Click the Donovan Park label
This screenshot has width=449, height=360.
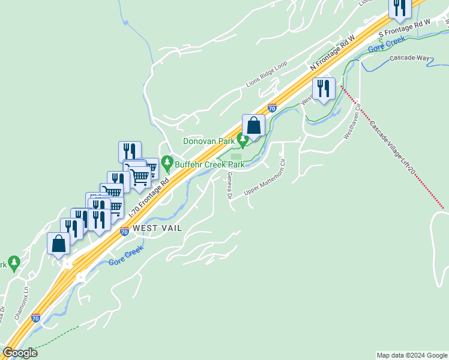click(x=208, y=141)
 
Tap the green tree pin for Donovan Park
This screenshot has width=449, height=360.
click(x=243, y=140)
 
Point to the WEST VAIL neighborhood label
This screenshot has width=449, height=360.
click(x=157, y=228)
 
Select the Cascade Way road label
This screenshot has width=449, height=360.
click(x=410, y=58)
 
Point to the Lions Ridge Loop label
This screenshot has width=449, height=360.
click(x=267, y=74)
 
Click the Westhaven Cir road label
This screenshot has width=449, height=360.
click(x=354, y=124)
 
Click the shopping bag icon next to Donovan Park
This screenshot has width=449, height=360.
click(x=254, y=126)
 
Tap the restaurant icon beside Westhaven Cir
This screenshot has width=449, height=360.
click(x=324, y=89)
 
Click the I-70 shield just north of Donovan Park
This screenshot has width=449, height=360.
click(x=272, y=109)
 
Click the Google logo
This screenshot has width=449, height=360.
click(x=20, y=353)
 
